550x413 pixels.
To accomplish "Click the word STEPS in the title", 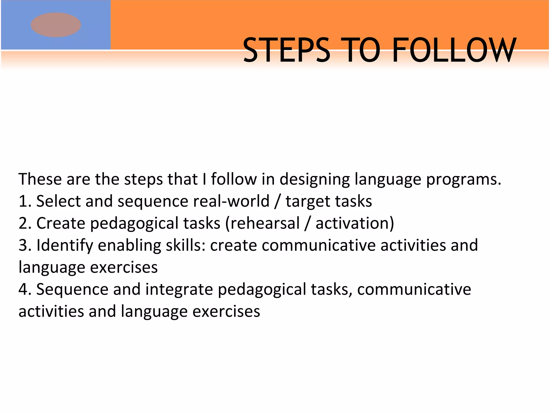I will pos(286,50).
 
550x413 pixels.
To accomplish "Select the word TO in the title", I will pos(361,50).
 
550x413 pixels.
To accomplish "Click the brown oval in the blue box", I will pos(56,25).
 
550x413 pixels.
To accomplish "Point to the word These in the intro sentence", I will pos(40,179).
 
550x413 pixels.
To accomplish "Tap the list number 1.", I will pos(24,201).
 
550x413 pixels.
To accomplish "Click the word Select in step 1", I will pos(58,201).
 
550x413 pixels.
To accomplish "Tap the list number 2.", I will pos(24,223).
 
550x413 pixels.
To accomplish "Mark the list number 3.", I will pos(24,245).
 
